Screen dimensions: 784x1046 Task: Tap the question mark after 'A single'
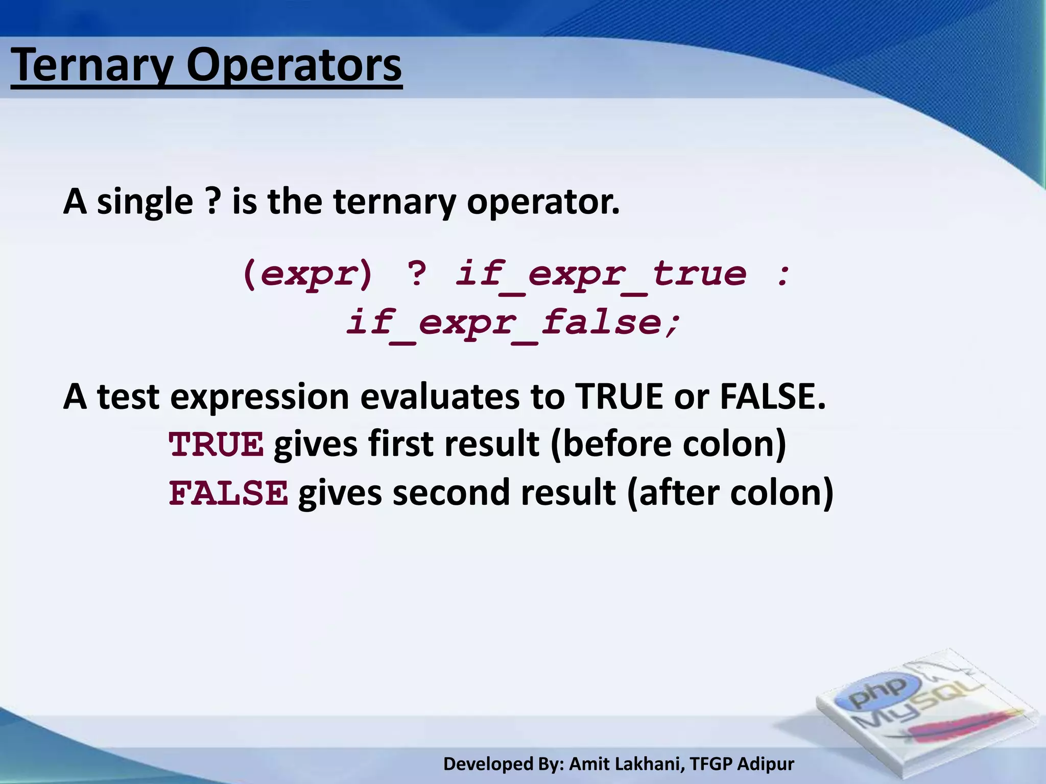pos(213,201)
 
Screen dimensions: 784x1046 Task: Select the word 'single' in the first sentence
pos(145,202)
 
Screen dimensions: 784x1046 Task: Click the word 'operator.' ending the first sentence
pos(543,202)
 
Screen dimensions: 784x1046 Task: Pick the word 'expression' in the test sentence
pos(259,397)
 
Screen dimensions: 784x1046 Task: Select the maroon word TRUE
pos(217,444)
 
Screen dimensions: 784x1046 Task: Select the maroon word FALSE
pos(228,493)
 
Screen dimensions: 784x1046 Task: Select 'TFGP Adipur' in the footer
pos(742,764)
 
